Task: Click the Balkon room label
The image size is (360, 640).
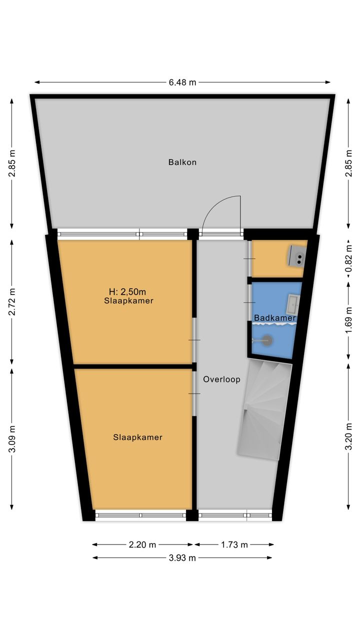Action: coord(182,162)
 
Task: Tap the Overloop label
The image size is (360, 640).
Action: coord(221,379)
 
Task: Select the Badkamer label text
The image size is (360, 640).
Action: coord(274,317)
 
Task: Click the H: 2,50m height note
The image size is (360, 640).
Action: coord(127,291)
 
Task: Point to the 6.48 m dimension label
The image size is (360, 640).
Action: coord(182,82)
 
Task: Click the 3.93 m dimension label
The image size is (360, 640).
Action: coord(182,557)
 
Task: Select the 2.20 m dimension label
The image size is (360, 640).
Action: coord(142,545)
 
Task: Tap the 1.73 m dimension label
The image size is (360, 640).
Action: coord(234,545)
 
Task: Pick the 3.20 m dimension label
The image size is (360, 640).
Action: coord(348,436)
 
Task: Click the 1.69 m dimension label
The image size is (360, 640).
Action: coord(348,320)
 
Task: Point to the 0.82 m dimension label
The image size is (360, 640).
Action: coord(348,258)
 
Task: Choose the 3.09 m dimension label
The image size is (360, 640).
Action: coord(12,439)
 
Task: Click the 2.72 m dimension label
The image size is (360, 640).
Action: coord(12,301)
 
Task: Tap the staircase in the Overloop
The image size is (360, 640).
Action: coord(264,410)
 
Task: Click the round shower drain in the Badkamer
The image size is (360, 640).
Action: coord(267,340)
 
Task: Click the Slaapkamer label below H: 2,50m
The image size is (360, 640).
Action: coord(128,301)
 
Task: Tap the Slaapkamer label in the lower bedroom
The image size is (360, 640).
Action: coord(137,437)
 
